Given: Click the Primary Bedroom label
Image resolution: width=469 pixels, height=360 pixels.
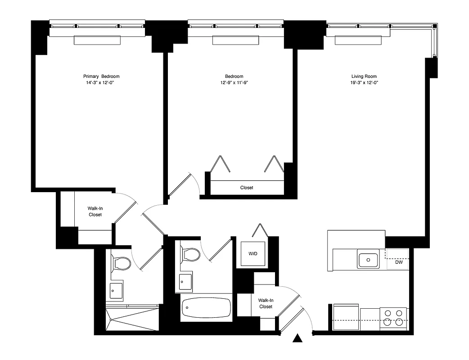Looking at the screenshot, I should (101, 76).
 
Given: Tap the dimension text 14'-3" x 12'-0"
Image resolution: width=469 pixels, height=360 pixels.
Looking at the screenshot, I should (101, 83).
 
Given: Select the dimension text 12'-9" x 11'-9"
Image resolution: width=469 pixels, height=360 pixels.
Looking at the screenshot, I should (234, 83).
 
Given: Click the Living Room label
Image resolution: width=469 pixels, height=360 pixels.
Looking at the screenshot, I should (364, 76).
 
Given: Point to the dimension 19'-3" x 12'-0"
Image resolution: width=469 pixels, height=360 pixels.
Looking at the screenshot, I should (364, 83).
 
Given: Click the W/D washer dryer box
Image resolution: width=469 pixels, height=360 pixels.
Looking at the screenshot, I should (253, 254).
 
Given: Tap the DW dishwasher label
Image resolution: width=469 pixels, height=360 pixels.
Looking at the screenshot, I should (399, 262).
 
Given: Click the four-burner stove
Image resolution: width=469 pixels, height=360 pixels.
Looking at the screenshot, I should (393, 318).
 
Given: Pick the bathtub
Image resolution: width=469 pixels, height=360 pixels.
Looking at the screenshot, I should (206, 308).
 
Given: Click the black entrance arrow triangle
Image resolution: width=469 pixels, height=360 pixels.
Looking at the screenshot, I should (297, 339).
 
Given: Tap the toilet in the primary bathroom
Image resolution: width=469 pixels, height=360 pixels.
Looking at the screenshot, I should (122, 263).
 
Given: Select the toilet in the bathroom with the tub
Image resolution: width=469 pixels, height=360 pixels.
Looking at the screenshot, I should (190, 255).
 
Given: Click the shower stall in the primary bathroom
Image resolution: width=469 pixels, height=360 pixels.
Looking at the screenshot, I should (133, 319).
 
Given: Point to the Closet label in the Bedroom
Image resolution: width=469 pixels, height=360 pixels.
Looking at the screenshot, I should (247, 188).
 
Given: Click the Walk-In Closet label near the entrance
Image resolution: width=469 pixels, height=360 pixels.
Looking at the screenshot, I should (265, 303).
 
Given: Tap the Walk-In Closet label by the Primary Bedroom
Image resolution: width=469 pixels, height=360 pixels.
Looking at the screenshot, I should (95, 211).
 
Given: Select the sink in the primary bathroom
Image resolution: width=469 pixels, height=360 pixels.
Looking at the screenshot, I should (117, 290).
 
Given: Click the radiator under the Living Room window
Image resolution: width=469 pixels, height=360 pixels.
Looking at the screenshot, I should (358, 40).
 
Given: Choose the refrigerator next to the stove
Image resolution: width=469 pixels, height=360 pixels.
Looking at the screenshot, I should (346, 317).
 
